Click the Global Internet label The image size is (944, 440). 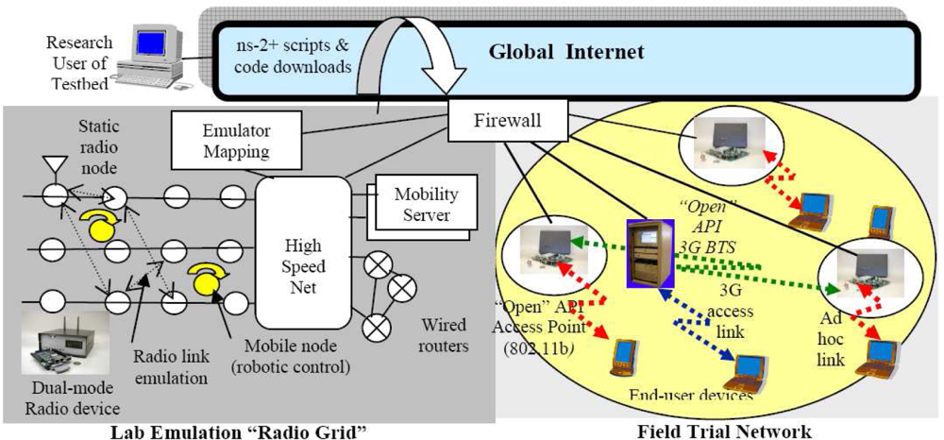(x=567, y=51)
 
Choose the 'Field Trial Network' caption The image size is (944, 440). (x=724, y=430)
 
